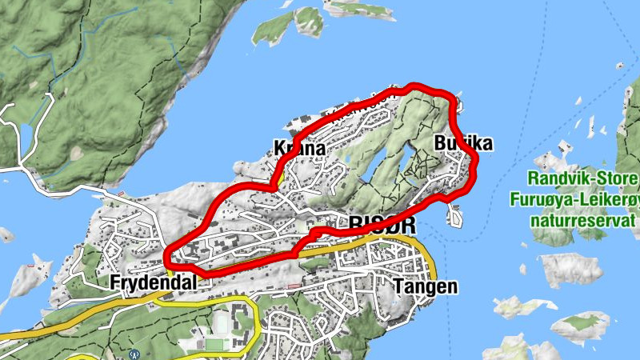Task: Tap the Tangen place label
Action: pyautogui.click(x=426, y=286)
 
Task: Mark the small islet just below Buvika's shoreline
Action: pyautogui.click(x=456, y=216)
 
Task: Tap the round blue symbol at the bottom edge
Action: pyautogui.click(x=134, y=353)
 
